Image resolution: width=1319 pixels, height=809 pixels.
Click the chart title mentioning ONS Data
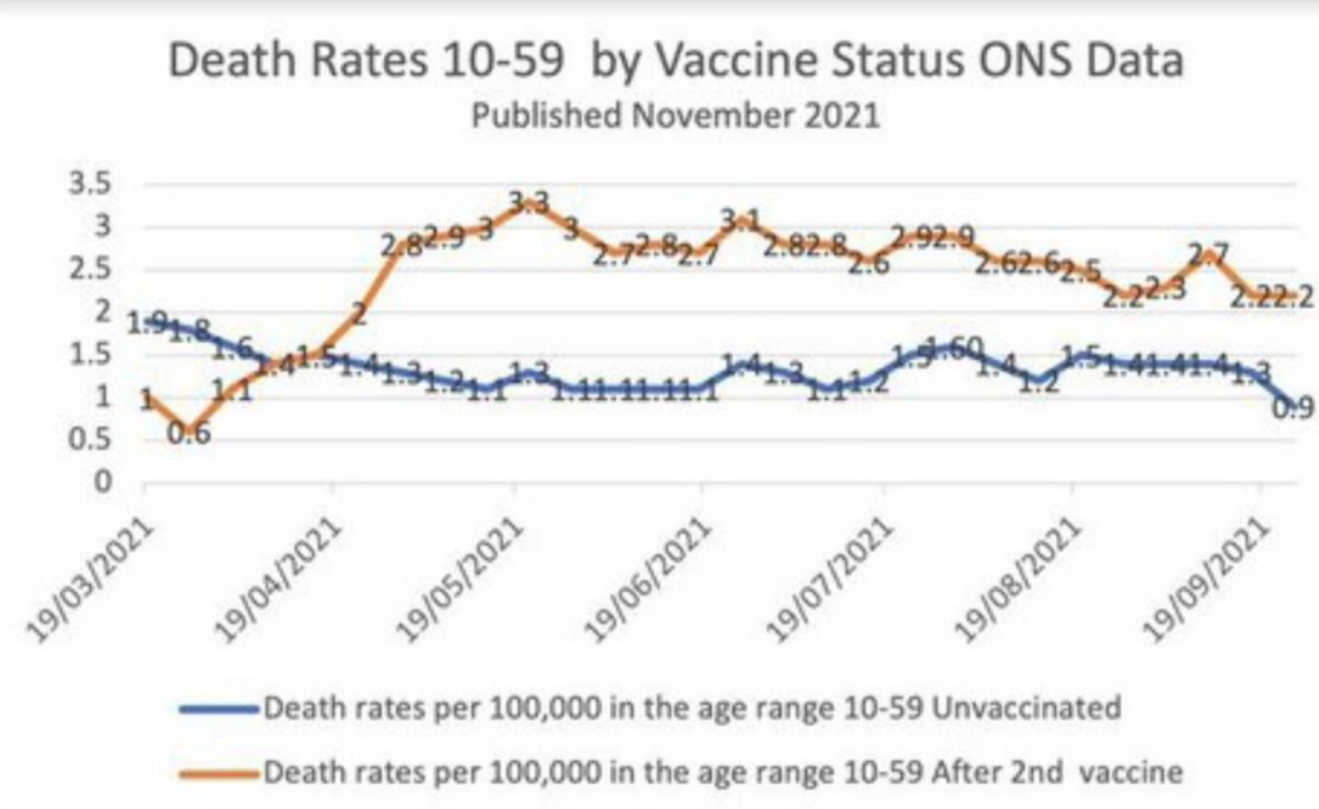[676, 61]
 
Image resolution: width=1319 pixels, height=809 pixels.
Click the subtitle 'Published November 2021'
[675, 116]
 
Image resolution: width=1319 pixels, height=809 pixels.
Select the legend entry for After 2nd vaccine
[723, 771]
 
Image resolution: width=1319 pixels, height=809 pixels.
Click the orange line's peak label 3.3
[528, 203]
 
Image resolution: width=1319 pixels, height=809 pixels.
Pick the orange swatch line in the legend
[220, 772]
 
